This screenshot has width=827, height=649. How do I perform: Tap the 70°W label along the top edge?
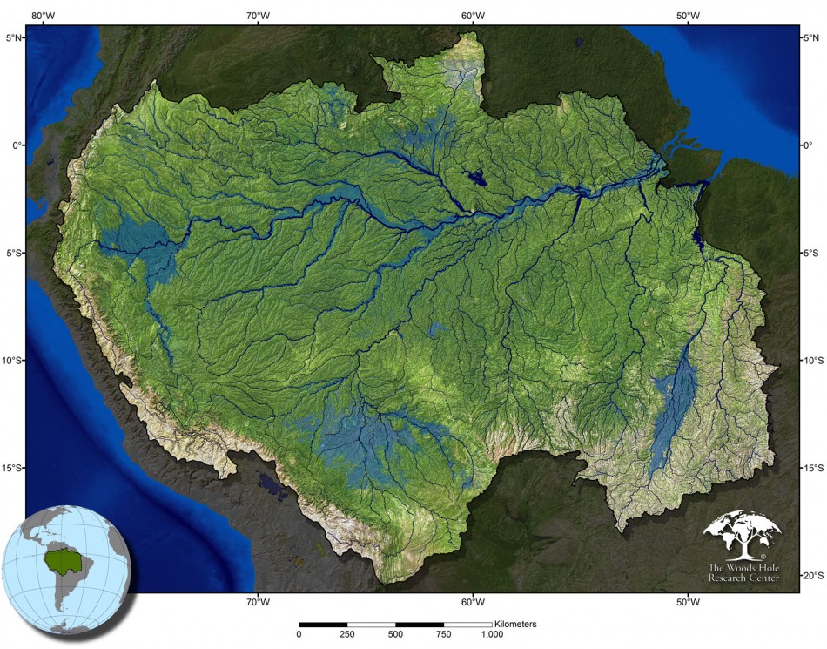coord(257,15)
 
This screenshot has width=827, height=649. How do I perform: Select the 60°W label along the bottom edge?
coord(473,602)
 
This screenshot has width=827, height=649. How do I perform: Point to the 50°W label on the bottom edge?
coord(688,602)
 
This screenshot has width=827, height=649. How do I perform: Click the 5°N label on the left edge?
coord(15,37)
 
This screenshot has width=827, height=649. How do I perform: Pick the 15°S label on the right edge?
coord(811,468)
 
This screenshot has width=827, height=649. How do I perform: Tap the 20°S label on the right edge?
coord(811,576)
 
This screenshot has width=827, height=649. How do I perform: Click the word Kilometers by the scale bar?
coord(515,624)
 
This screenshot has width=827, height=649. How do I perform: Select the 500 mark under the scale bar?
coord(396,635)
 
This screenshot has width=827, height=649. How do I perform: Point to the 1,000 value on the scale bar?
coord(492,635)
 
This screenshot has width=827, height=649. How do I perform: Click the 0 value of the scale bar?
coord(299,635)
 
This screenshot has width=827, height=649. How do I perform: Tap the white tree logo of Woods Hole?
coord(742,534)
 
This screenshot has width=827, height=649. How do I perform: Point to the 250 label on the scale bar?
coord(347,635)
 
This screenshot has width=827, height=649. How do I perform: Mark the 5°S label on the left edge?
coord(15,253)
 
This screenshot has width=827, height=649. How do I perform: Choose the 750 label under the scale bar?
coord(444,635)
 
